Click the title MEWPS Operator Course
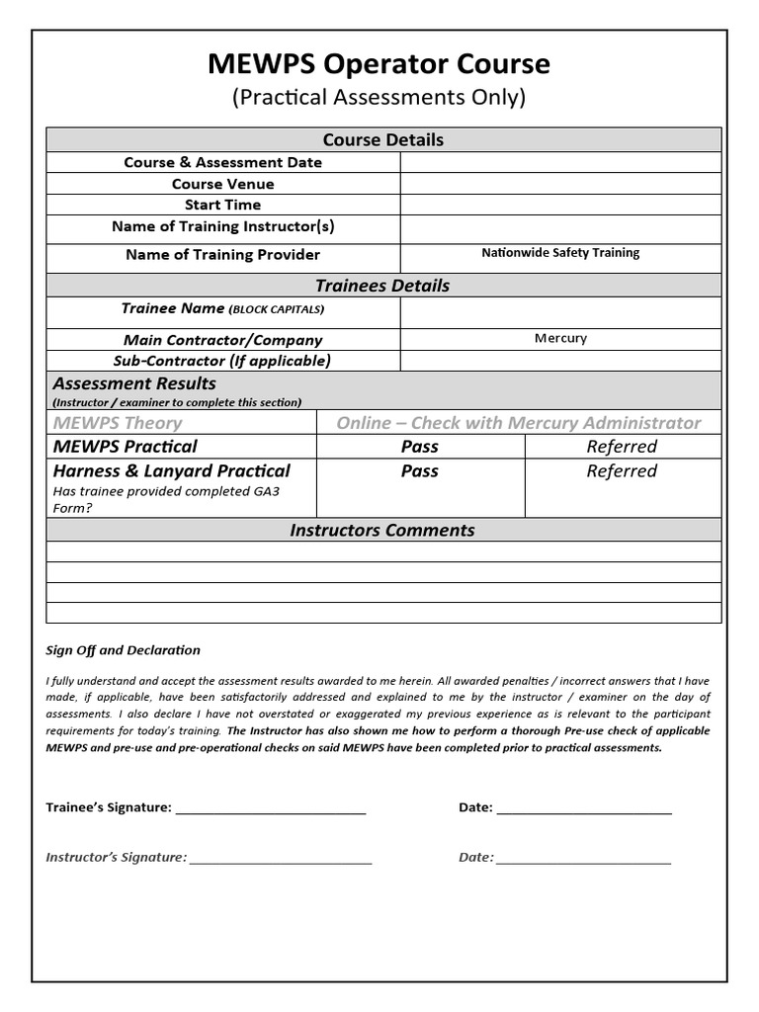379,64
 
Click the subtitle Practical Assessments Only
379,97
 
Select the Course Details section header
383,139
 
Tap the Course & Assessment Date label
222,162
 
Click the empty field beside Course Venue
560,184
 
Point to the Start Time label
222,205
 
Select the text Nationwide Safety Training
560,253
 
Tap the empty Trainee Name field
560,312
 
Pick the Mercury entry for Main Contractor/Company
560,338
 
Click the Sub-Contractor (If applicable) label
222,361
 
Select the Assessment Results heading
134,383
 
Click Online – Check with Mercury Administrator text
518,423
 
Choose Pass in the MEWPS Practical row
419,447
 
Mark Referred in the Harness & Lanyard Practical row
622,471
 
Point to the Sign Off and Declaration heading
124,650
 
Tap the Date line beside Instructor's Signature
584,858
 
